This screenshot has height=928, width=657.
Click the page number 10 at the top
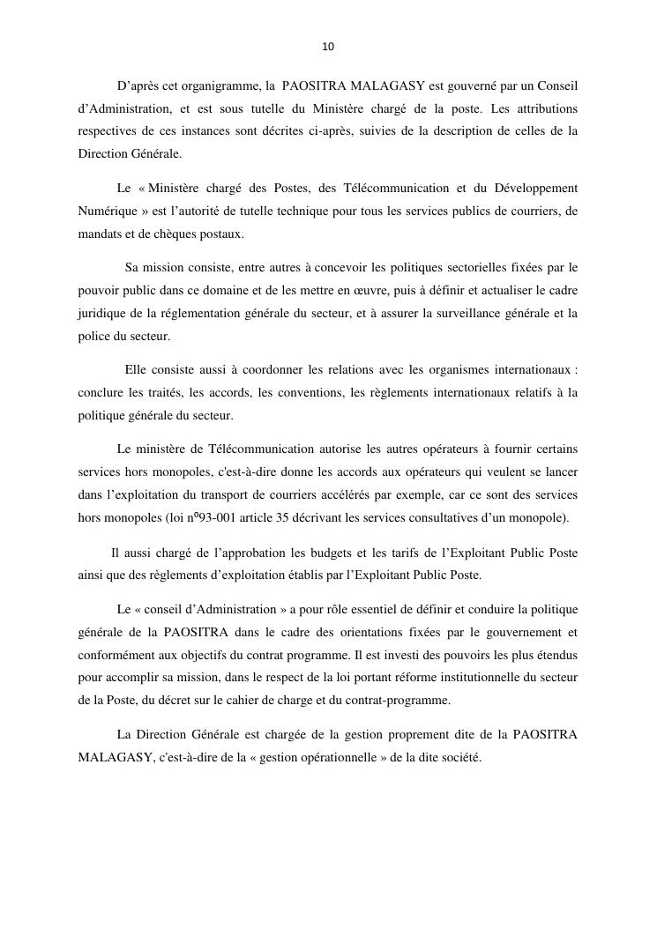(x=328, y=47)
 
